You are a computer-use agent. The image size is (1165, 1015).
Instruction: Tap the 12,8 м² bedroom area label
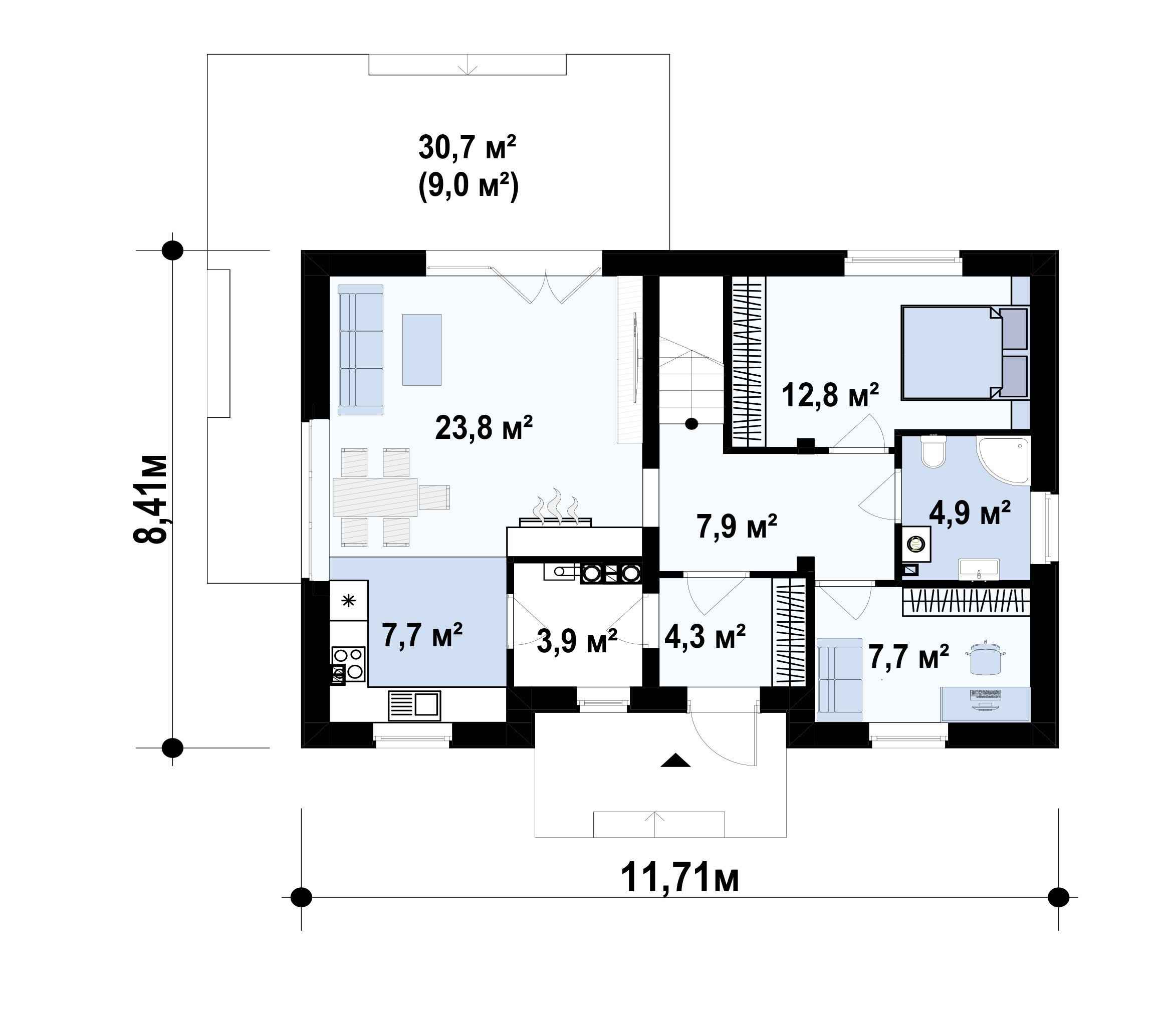pos(830,395)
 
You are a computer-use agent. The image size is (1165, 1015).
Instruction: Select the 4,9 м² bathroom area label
pos(970,513)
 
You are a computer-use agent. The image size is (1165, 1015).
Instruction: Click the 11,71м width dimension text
pos(679,879)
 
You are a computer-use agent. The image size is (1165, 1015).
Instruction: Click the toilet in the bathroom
pos(934,451)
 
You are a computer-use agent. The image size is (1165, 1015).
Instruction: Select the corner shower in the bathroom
pos(1003,460)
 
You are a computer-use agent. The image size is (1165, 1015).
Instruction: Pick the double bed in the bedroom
pos(965,352)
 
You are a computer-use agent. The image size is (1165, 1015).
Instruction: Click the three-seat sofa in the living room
pos(361,350)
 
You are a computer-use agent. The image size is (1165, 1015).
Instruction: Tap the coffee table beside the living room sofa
pos(422,350)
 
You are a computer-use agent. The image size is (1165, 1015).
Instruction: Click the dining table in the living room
pos(375,497)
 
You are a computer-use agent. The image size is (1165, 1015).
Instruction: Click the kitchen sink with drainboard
pos(414,705)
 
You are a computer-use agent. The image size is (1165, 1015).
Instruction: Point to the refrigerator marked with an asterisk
pos(349,600)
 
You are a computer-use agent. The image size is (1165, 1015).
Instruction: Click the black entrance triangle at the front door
pos(675,760)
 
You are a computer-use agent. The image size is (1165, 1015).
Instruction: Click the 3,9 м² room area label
pos(577,641)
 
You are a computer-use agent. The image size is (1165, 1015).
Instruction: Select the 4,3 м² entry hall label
pos(705,637)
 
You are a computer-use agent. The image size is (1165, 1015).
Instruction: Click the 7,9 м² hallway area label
pos(736,527)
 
